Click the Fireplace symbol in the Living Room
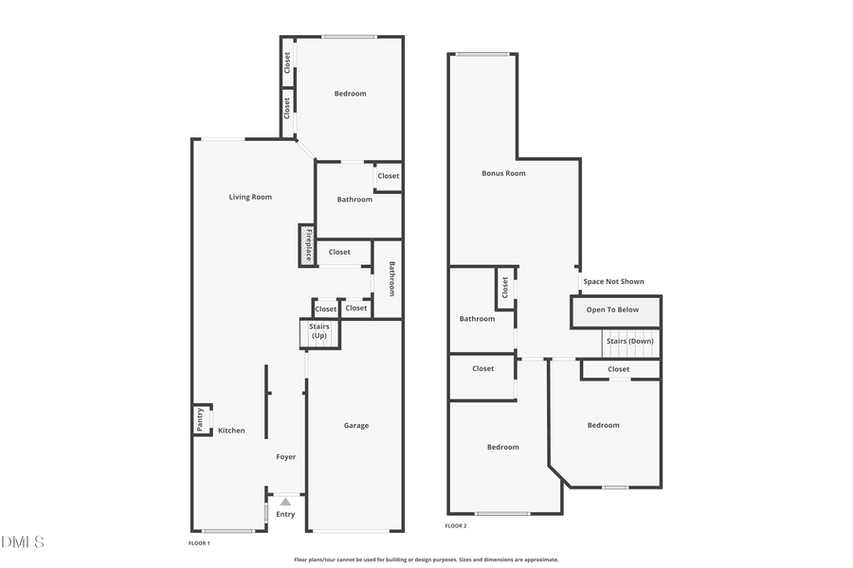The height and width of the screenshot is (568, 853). [x=307, y=245]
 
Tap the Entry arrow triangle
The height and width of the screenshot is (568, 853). [x=285, y=501]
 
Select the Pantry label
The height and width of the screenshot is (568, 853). [x=200, y=419]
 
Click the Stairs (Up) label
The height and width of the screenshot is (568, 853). [x=319, y=331]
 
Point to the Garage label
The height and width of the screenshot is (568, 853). [x=356, y=426]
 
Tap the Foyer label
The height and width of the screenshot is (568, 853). [x=286, y=457]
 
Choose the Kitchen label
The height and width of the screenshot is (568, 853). [x=231, y=431]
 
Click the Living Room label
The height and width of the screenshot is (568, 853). [x=250, y=197]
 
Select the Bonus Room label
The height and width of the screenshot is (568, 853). [x=503, y=173]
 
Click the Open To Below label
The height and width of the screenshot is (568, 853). [x=612, y=310]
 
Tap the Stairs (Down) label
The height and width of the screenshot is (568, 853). [x=629, y=341]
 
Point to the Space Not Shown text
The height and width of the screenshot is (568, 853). [x=613, y=281]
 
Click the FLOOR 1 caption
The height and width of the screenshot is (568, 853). [x=199, y=543]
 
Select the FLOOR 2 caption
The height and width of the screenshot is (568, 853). [x=456, y=526]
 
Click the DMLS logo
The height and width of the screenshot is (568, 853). [x=23, y=542]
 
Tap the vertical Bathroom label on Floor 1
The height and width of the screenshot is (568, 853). [x=390, y=278]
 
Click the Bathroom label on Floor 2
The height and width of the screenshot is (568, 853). [x=477, y=319]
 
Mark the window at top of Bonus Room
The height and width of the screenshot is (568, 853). [x=482, y=54]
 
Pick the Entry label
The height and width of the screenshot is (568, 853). [x=285, y=514]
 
